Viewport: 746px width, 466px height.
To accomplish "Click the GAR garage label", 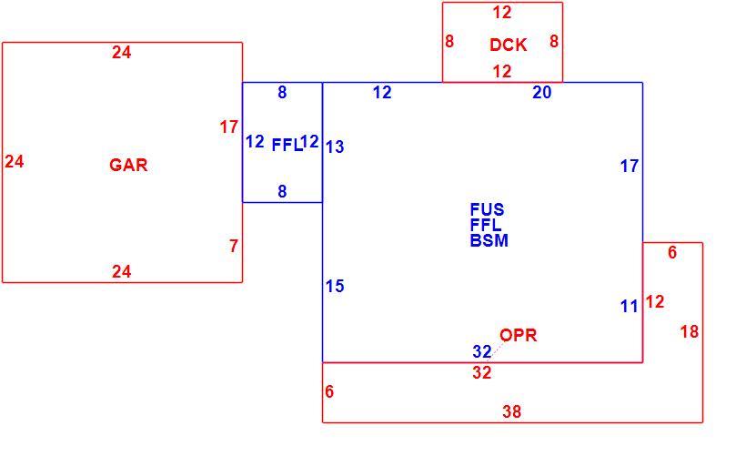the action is coord(128,165).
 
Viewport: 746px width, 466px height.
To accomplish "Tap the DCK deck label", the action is coord(509,45).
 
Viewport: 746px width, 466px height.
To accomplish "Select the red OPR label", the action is coord(519,335).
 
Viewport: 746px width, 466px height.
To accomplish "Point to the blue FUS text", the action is coord(487,209).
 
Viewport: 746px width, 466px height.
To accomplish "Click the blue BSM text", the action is coord(489,240).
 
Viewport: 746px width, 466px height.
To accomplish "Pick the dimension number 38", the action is coord(511,411).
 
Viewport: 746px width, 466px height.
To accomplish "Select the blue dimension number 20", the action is coord(542,92).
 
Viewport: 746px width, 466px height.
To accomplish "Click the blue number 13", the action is coord(335,147).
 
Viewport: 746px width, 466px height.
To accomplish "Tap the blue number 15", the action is coord(335,286).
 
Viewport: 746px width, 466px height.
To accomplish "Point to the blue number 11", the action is coord(629,306).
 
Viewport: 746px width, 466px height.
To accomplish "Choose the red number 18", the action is coord(690,331).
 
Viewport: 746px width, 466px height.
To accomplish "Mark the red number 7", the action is coord(234,246).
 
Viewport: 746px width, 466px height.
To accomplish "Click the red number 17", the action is coord(229,127).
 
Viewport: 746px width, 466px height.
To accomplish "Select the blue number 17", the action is coord(630,166).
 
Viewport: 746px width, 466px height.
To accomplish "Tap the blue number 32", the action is coord(482,351).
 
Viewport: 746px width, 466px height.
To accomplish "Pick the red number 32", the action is coord(482,372).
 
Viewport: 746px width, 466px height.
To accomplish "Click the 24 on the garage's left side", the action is coord(15,161).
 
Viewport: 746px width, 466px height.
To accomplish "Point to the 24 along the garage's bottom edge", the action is coord(122,271).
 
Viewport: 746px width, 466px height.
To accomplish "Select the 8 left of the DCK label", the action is coord(449,41).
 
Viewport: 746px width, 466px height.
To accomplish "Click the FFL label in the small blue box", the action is coord(287,145).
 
